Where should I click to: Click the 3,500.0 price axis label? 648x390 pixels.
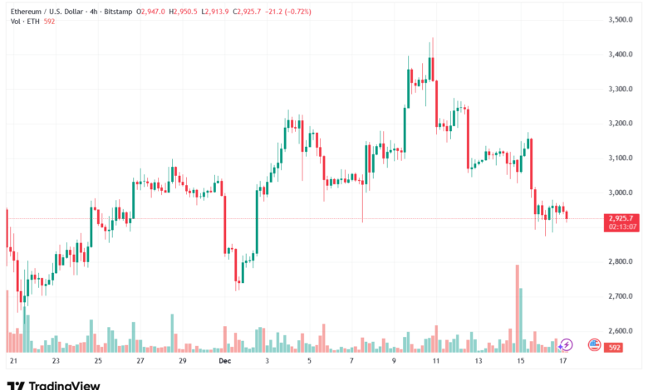pyautogui.click(x=621, y=19)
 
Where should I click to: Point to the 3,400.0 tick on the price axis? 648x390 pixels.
pyautogui.click(x=621, y=54)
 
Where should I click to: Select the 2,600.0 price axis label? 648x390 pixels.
pyautogui.click(x=621, y=330)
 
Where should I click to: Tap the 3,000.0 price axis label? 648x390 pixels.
pyautogui.click(x=621, y=193)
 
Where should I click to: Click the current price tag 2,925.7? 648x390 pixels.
pyautogui.click(x=622, y=217)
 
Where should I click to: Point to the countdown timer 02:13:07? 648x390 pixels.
pyautogui.click(x=622, y=226)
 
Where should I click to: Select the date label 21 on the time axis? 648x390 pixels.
pyautogui.click(x=13, y=362)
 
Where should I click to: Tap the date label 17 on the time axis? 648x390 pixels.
pyautogui.click(x=562, y=362)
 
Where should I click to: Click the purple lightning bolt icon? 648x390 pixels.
pyautogui.click(x=566, y=344)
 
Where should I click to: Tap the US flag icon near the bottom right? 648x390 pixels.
pyautogui.click(x=594, y=344)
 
